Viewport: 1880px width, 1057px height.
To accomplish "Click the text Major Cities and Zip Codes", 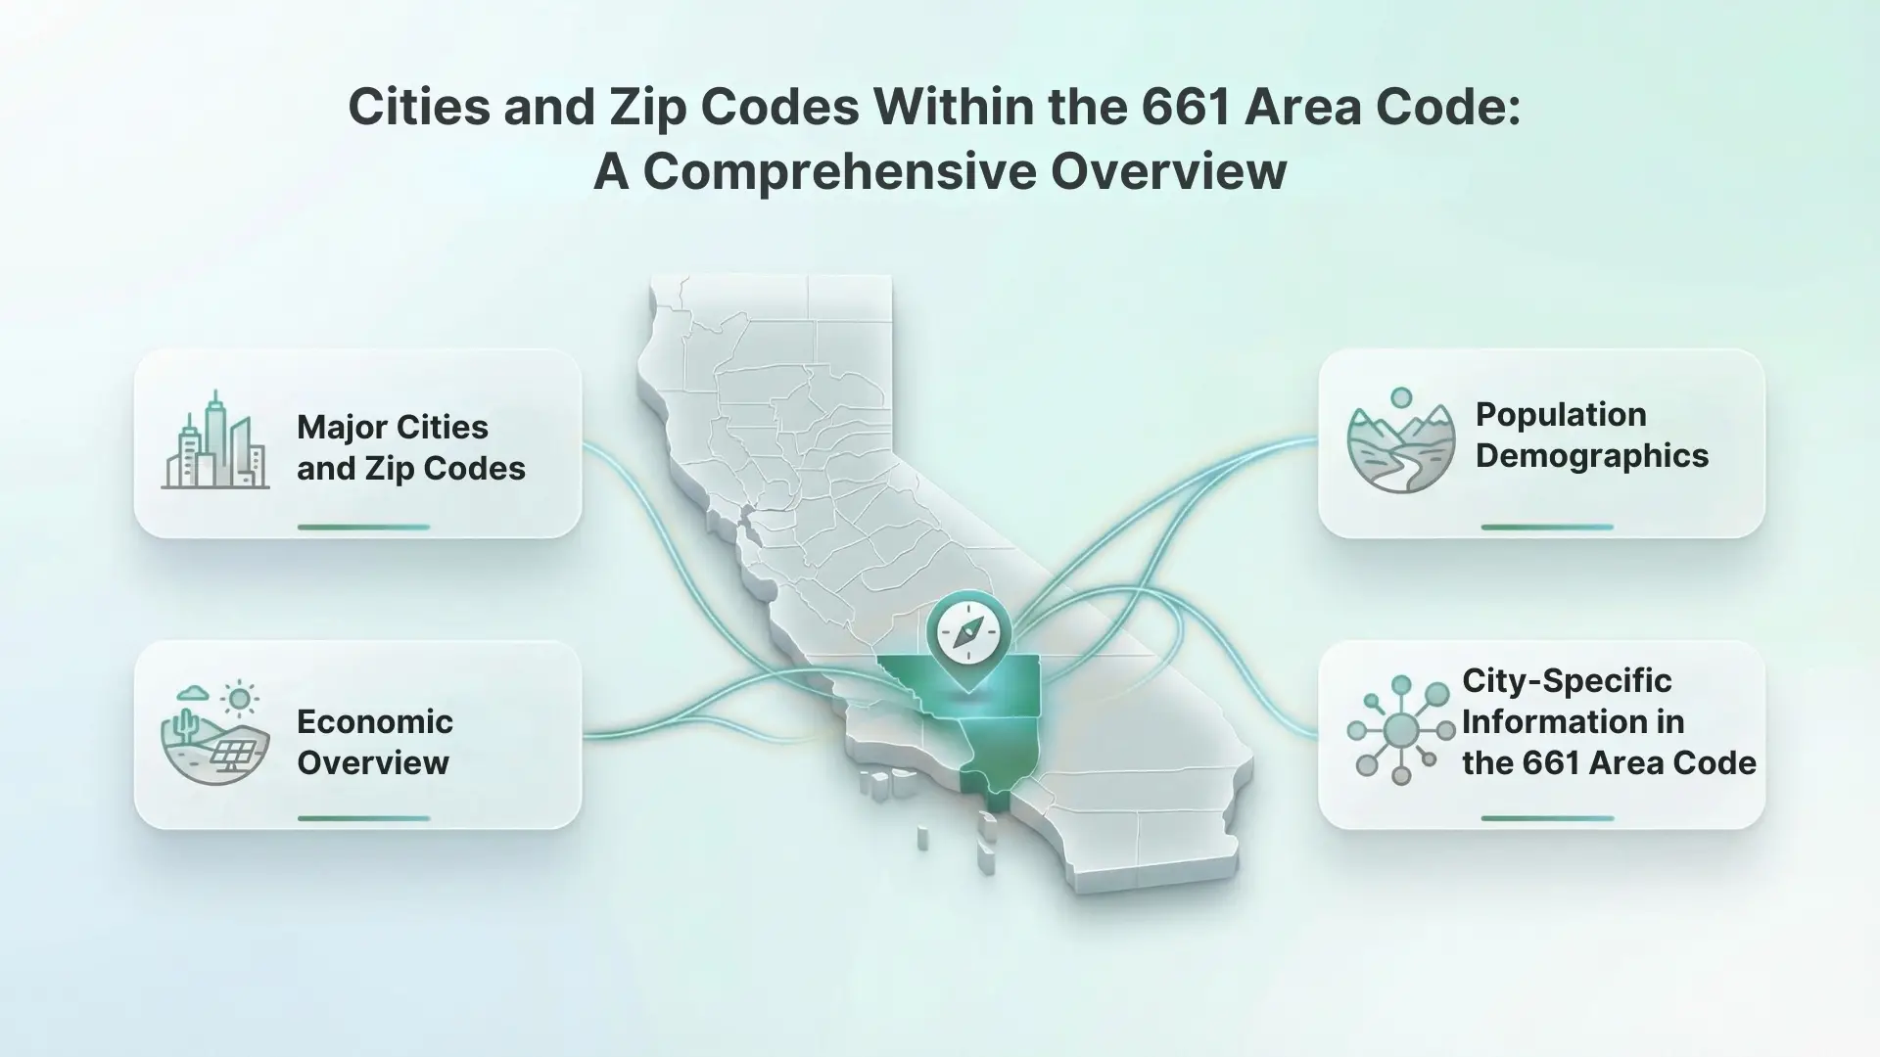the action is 411,447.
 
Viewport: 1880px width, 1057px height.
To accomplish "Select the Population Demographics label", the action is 1592,435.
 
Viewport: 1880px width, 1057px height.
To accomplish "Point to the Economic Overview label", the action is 375,742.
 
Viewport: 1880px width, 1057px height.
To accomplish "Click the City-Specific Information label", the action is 1609,721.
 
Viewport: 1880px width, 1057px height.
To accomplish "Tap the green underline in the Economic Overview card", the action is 363,818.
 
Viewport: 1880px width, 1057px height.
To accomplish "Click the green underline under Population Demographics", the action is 1547,527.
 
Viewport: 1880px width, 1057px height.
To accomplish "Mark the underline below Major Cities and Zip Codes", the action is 363,527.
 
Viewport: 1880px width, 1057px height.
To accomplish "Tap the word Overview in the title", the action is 1169,171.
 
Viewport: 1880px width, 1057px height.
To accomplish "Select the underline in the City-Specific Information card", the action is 1547,818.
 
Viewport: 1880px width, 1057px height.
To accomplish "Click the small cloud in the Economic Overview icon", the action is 192,693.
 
